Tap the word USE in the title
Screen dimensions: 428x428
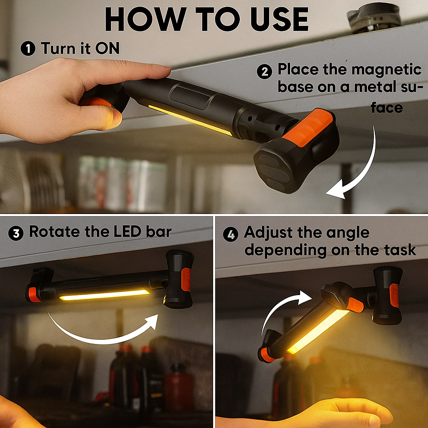click(279, 19)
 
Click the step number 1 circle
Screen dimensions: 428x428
click(28, 48)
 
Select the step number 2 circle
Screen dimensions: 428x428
click(264, 71)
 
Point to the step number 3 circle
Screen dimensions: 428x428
click(16, 233)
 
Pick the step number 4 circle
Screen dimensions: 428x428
click(230, 234)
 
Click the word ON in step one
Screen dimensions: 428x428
click(107, 48)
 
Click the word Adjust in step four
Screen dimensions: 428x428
click(268, 233)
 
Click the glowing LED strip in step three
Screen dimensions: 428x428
click(104, 295)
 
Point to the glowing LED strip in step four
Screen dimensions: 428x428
click(318, 331)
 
